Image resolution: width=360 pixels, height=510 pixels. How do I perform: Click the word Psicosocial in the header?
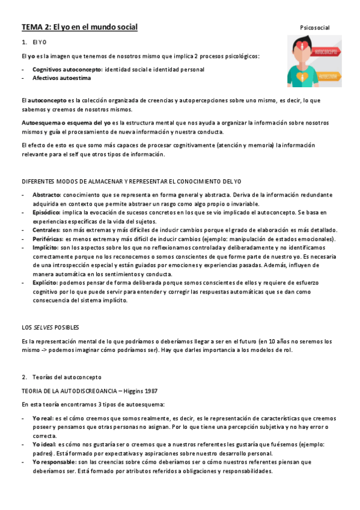pyautogui.click(x=315, y=28)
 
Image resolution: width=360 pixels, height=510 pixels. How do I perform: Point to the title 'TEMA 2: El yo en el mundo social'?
pyautogui.click(x=79, y=27)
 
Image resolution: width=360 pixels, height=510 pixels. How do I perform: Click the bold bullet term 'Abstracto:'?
pyautogui.click(x=46, y=195)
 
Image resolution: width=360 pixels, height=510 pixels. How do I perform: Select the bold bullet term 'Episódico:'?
pyautogui.click(x=47, y=212)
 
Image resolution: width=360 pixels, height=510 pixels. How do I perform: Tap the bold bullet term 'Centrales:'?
pyautogui.click(x=46, y=230)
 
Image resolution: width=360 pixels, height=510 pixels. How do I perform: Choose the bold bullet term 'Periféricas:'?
pyautogui.click(x=48, y=239)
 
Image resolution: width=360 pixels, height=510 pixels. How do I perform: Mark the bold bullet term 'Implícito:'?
pyautogui.click(x=46, y=247)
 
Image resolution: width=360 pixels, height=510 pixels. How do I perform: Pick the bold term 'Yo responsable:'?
pyautogui.click(x=55, y=462)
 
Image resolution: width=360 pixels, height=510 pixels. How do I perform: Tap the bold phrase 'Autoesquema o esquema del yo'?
pyautogui.click(x=66, y=122)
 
